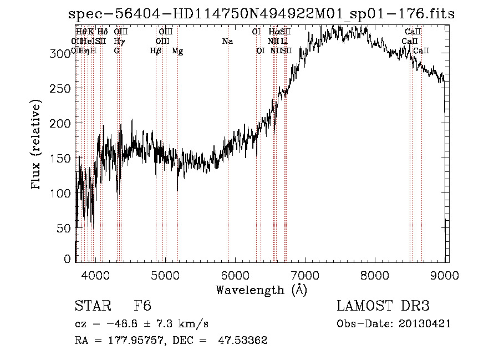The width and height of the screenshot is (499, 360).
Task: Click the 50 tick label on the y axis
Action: tap(66, 228)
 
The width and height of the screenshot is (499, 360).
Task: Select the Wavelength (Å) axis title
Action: tap(261, 290)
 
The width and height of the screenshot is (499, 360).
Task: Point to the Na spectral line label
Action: tap(227, 41)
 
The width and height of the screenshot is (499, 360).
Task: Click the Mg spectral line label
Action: tap(177, 51)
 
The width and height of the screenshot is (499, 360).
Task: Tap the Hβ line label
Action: tap(155, 51)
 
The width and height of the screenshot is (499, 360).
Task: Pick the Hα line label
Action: tap(274, 32)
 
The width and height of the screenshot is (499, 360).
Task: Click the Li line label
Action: tap(284, 41)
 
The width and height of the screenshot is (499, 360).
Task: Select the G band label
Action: tap(116, 51)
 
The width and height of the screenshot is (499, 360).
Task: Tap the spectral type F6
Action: tap(142, 307)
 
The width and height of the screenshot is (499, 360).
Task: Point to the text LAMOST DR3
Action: tap(383, 307)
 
